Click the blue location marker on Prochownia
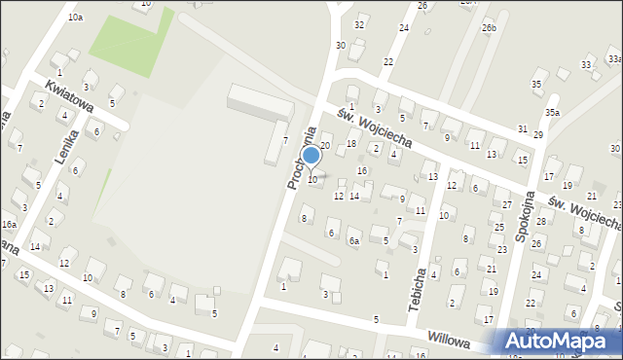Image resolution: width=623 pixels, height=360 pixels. (311, 156)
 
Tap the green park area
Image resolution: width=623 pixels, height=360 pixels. (129, 41)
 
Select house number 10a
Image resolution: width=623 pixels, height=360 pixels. (75, 18)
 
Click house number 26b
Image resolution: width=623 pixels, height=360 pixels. (488, 28)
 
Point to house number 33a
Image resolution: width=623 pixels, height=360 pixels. (587, 63)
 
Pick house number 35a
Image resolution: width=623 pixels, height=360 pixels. (552, 113)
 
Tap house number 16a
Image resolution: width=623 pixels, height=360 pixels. (9, 225)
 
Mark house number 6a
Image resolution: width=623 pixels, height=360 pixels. (354, 240)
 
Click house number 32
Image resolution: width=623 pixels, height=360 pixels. (359, 24)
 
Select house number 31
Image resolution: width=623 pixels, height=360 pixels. (523, 128)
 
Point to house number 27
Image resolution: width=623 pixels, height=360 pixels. (507, 204)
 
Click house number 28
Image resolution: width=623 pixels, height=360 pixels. (540, 222)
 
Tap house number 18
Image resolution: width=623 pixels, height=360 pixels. (351, 144)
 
